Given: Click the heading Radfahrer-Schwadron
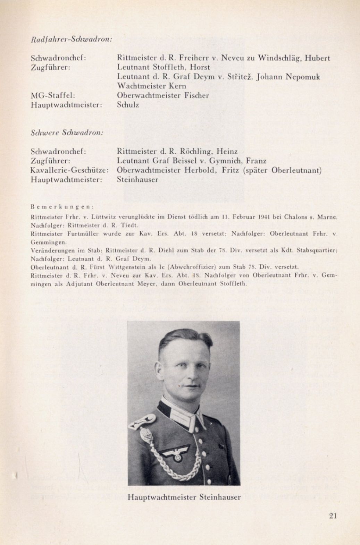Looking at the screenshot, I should tap(72, 39).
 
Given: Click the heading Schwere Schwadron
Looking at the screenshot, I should tap(67, 133).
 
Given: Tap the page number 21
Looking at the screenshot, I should tap(333, 516).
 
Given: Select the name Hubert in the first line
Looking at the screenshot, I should tap(317, 58).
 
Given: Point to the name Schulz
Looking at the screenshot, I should tap(128, 105).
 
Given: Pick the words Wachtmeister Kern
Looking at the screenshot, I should tap(151, 86).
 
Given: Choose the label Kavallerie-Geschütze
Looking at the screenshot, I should tap(70, 170).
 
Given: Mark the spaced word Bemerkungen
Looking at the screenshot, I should tap(62, 206).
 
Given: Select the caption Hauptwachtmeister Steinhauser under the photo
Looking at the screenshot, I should tap(184, 497).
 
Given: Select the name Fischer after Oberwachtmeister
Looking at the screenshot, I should tap(196, 95).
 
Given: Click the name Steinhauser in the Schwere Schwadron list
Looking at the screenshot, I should tap(137, 180).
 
